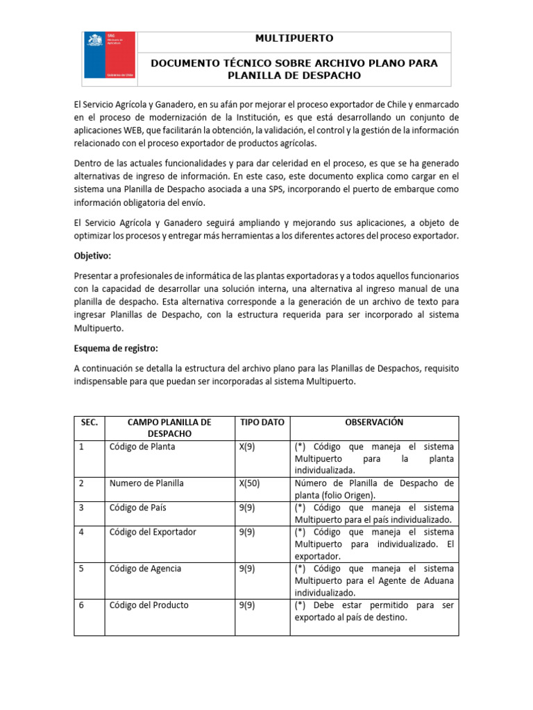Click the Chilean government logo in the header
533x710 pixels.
(x=106, y=55)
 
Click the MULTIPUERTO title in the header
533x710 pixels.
(x=294, y=38)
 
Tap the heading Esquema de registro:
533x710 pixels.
(x=119, y=348)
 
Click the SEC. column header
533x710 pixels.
(x=89, y=422)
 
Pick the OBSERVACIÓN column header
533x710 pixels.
(x=374, y=422)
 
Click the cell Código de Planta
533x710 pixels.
(x=142, y=447)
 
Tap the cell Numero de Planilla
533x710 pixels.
(x=146, y=483)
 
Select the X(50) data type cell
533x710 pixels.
(x=250, y=483)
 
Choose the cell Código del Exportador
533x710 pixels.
(x=153, y=532)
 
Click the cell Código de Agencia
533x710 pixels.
(x=145, y=569)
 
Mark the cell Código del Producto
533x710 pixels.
(x=149, y=605)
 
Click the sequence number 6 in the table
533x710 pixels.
(x=82, y=605)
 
